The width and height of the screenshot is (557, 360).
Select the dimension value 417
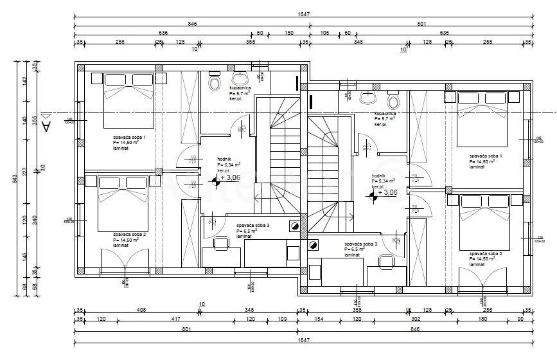(175, 319)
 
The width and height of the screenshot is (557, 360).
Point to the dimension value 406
(141, 310)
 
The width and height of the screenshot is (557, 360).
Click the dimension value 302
(415, 319)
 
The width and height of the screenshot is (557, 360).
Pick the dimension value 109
(281, 319)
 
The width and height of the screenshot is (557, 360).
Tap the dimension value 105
(324, 33)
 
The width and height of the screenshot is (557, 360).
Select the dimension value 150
(289, 33)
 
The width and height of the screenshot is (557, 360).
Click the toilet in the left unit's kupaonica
(213, 84)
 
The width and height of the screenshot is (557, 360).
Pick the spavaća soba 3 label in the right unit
(360, 244)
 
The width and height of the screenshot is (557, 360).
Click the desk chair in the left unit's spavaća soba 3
(221, 244)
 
